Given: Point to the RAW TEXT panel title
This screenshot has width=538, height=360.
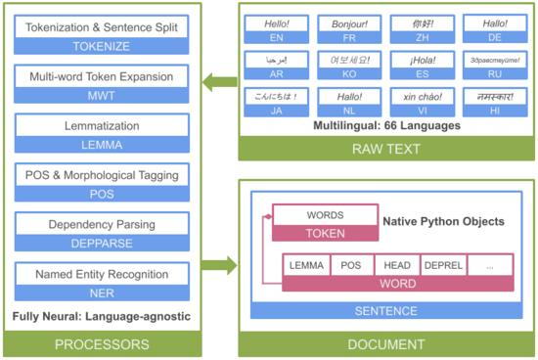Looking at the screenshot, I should pyautogui.click(x=385, y=148).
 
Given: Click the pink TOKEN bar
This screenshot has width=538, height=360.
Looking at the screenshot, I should pyautogui.click(x=326, y=234).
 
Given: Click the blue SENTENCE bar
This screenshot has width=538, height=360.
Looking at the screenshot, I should pyautogui.click(x=385, y=310).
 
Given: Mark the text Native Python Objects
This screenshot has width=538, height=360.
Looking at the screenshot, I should pyautogui.click(x=443, y=221).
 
